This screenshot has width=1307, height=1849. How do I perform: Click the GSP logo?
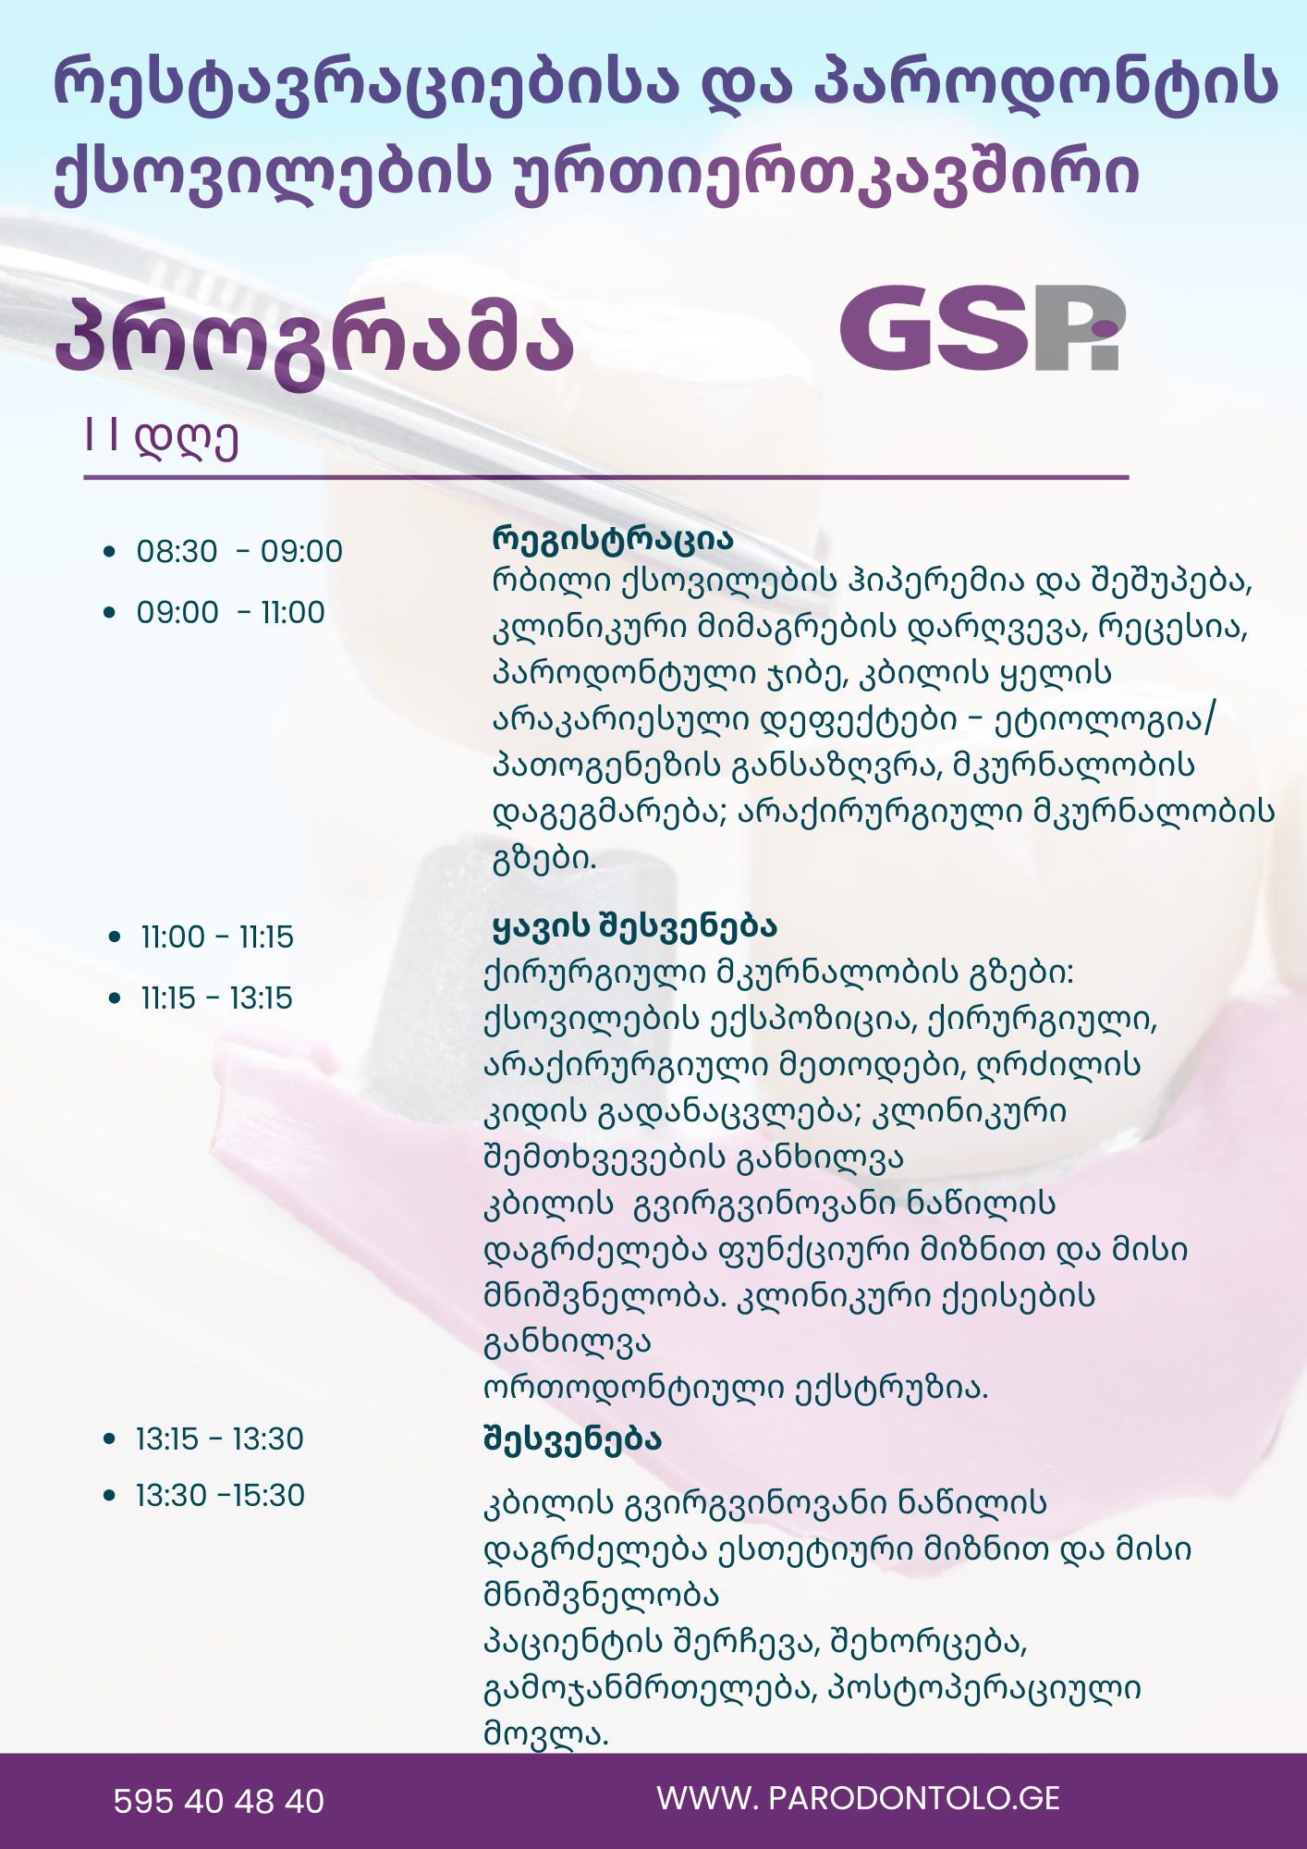click(981, 328)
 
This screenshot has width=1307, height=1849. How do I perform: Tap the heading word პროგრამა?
click(315, 338)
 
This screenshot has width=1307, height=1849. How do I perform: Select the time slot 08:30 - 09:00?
click(239, 551)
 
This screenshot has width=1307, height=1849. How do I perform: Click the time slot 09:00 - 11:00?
click(231, 612)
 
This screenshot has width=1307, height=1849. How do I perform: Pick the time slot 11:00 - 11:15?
click(217, 937)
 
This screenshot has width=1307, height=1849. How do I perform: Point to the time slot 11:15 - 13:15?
click(216, 998)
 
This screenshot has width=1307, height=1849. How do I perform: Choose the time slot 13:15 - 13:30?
click(220, 1439)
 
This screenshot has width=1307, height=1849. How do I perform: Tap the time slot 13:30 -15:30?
click(220, 1495)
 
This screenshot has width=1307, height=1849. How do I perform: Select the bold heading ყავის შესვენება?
click(635, 925)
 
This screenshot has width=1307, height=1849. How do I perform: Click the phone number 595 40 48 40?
click(219, 1801)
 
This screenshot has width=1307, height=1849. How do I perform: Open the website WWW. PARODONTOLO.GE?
click(858, 1798)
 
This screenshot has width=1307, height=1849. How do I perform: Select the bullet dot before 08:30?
click(110, 552)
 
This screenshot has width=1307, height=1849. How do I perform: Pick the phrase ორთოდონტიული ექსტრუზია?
click(736, 1388)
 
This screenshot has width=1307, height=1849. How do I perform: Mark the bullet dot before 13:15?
click(110, 1439)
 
